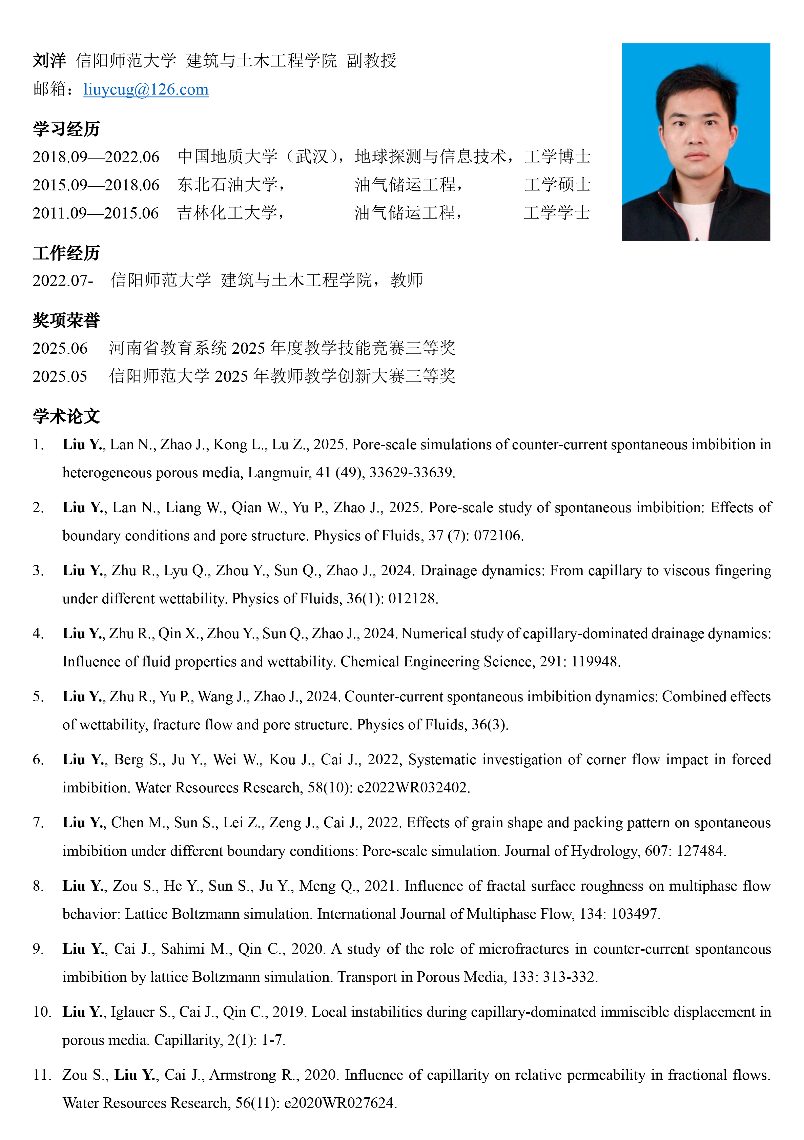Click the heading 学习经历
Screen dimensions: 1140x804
(66, 129)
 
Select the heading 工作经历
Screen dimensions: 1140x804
(66, 253)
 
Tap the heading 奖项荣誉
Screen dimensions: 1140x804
(66, 320)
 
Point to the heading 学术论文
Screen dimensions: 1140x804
(66, 416)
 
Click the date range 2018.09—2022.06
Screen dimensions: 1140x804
(96, 157)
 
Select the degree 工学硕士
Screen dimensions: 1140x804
(557, 185)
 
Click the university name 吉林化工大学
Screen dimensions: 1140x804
(227, 213)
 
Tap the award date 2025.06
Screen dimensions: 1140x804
(60, 348)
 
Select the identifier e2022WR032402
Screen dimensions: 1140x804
(413, 787)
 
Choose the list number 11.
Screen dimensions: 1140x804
(42, 1075)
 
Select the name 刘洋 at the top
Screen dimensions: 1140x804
(49, 61)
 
